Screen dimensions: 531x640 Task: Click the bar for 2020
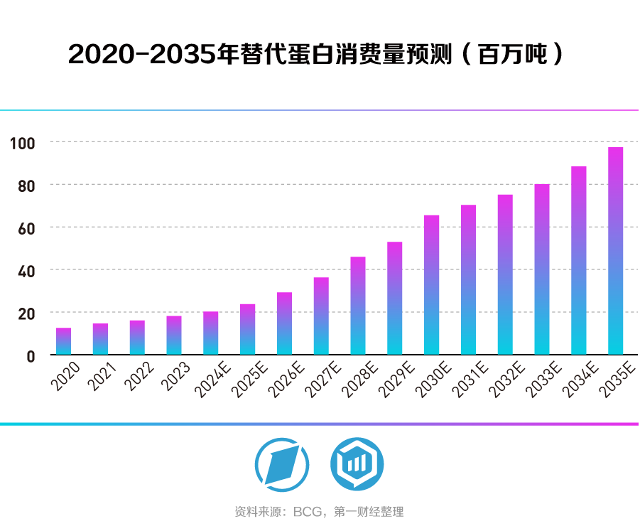(64, 342)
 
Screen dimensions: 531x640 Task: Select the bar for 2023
(174, 336)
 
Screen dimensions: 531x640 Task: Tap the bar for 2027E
(321, 316)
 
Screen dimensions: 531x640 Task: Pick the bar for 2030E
(431, 285)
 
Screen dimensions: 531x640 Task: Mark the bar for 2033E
(542, 269)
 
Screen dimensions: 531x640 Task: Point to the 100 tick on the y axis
(22, 143)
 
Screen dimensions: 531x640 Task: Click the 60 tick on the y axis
(26, 227)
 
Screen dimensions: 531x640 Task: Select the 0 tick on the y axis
(31, 356)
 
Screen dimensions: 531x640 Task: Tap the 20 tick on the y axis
(26, 313)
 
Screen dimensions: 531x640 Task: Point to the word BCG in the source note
(306, 512)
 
